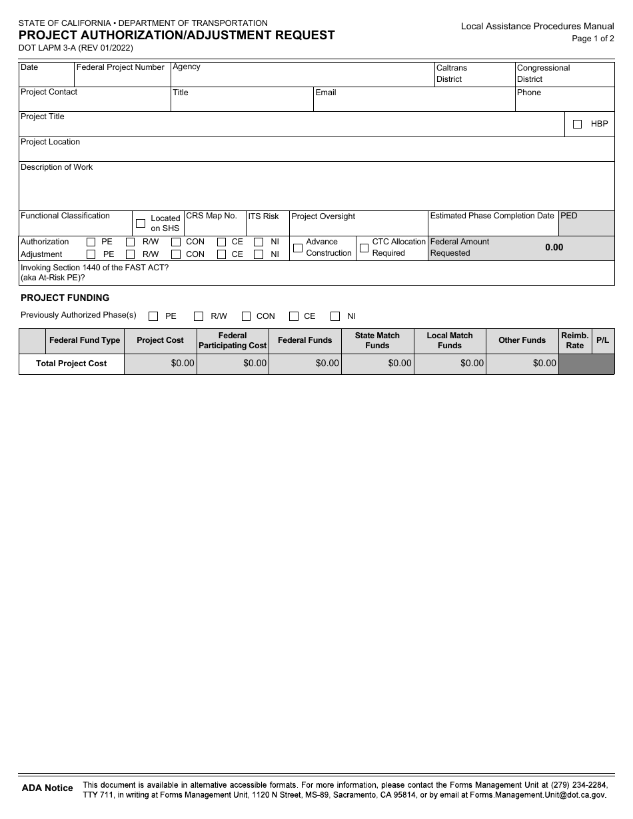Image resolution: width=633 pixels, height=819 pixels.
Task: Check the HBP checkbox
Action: click(x=577, y=124)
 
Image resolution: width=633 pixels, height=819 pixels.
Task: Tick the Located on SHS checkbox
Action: click(x=141, y=223)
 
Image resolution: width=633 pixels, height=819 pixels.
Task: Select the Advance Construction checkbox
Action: click(x=298, y=248)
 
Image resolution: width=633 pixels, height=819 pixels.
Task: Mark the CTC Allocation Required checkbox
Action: click(x=364, y=248)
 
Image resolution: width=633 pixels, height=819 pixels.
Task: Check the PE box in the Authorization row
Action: click(x=91, y=242)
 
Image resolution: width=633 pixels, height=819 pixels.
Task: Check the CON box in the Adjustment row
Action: click(x=176, y=254)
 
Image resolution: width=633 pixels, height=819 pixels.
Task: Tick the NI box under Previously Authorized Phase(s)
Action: click(x=335, y=316)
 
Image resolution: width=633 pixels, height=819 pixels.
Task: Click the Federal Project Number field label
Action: click(x=120, y=67)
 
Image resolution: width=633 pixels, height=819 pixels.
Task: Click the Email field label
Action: click(x=325, y=93)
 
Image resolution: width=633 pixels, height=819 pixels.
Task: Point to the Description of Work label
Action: click(x=57, y=167)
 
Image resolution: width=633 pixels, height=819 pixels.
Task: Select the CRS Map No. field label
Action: click(x=211, y=216)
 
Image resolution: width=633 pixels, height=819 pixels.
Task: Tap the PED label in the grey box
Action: click(x=569, y=216)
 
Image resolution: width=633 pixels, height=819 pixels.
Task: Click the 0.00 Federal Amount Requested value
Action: click(x=554, y=247)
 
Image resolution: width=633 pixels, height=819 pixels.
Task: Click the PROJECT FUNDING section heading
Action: click(x=65, y=298)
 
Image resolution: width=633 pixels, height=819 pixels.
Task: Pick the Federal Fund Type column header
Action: click(x=85, y=340)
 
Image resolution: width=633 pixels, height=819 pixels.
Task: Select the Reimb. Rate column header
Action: click(x=574, y=340)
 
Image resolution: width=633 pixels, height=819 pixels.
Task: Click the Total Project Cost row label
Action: click(x=71, y=364)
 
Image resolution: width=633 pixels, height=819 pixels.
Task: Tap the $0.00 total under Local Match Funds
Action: click(x=471, y=364)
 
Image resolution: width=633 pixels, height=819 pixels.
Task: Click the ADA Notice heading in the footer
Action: click(x=47, y=788)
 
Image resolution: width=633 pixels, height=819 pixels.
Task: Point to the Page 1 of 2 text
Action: click(x=592, y=39)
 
